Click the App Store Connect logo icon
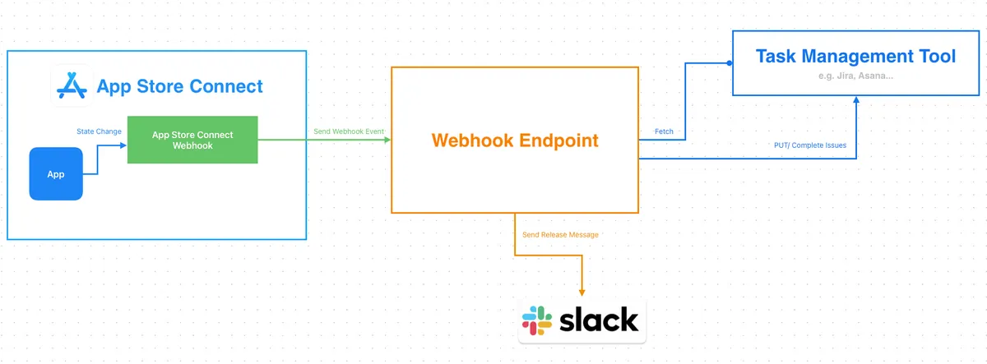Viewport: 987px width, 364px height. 72,85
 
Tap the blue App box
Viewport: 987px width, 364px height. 56,173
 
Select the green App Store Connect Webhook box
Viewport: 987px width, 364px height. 192,140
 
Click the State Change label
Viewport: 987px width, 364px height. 99,131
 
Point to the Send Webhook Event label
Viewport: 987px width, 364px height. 349,131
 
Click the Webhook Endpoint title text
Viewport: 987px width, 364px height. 515,141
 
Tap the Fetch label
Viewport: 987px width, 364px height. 664,131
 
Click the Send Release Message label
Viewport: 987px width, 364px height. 560,235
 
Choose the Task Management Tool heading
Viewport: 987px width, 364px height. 855,57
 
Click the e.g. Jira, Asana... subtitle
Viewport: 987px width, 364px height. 855,76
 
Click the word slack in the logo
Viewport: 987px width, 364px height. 599,320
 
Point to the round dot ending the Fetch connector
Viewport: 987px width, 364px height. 729,62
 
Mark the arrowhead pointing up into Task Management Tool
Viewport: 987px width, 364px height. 856,99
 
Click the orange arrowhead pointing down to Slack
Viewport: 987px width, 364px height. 582,292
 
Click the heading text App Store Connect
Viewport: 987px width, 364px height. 180,86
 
